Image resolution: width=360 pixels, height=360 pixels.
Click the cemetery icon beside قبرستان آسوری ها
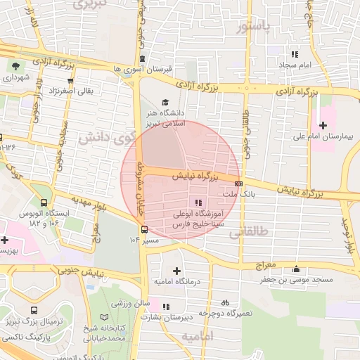pos(143,58)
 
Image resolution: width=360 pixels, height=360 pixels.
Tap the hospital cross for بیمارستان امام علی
pos(323,124)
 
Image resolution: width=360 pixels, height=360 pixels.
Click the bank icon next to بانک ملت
pos(238,184)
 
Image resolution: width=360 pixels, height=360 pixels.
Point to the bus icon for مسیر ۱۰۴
pos(144,229)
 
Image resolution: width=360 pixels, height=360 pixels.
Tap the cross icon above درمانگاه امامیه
pos(176,270)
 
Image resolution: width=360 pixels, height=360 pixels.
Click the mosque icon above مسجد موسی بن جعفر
pos(297,269)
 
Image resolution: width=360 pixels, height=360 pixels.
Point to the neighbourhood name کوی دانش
pos(105,135)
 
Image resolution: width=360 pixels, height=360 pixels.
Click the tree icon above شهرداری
pos(15,67)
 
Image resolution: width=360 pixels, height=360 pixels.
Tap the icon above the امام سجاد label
pos(295,53)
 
